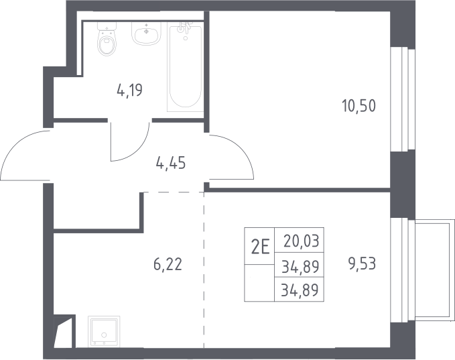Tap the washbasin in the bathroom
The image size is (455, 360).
pyautogui.click(x=147, y=34)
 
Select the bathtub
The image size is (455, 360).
pyautogui.click(x=185, y=67)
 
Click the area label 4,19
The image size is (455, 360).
pyautogui.click(x=130, y=90)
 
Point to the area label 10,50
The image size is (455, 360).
pyautogui.click(x=359, y=105)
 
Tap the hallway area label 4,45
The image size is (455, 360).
pyautogui.click(x=171, y=163)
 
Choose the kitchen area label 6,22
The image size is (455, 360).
pyautogui.click(x=168, y=264)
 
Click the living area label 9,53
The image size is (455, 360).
pyautogui.click(x=362, y=264)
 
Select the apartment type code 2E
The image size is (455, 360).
pyautogui.click(x=260, y=247)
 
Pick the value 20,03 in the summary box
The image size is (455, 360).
pyautogui.click(x=301, y=241)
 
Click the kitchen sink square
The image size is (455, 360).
pyautogui.click(x=104, y=332)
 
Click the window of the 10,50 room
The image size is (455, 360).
pyautogui.click(x=403, y=99)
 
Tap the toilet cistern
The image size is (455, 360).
pyautogui.click(x=107, y=26)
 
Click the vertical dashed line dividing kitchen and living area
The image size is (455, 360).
pyautogui.click(x=204, y=270)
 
